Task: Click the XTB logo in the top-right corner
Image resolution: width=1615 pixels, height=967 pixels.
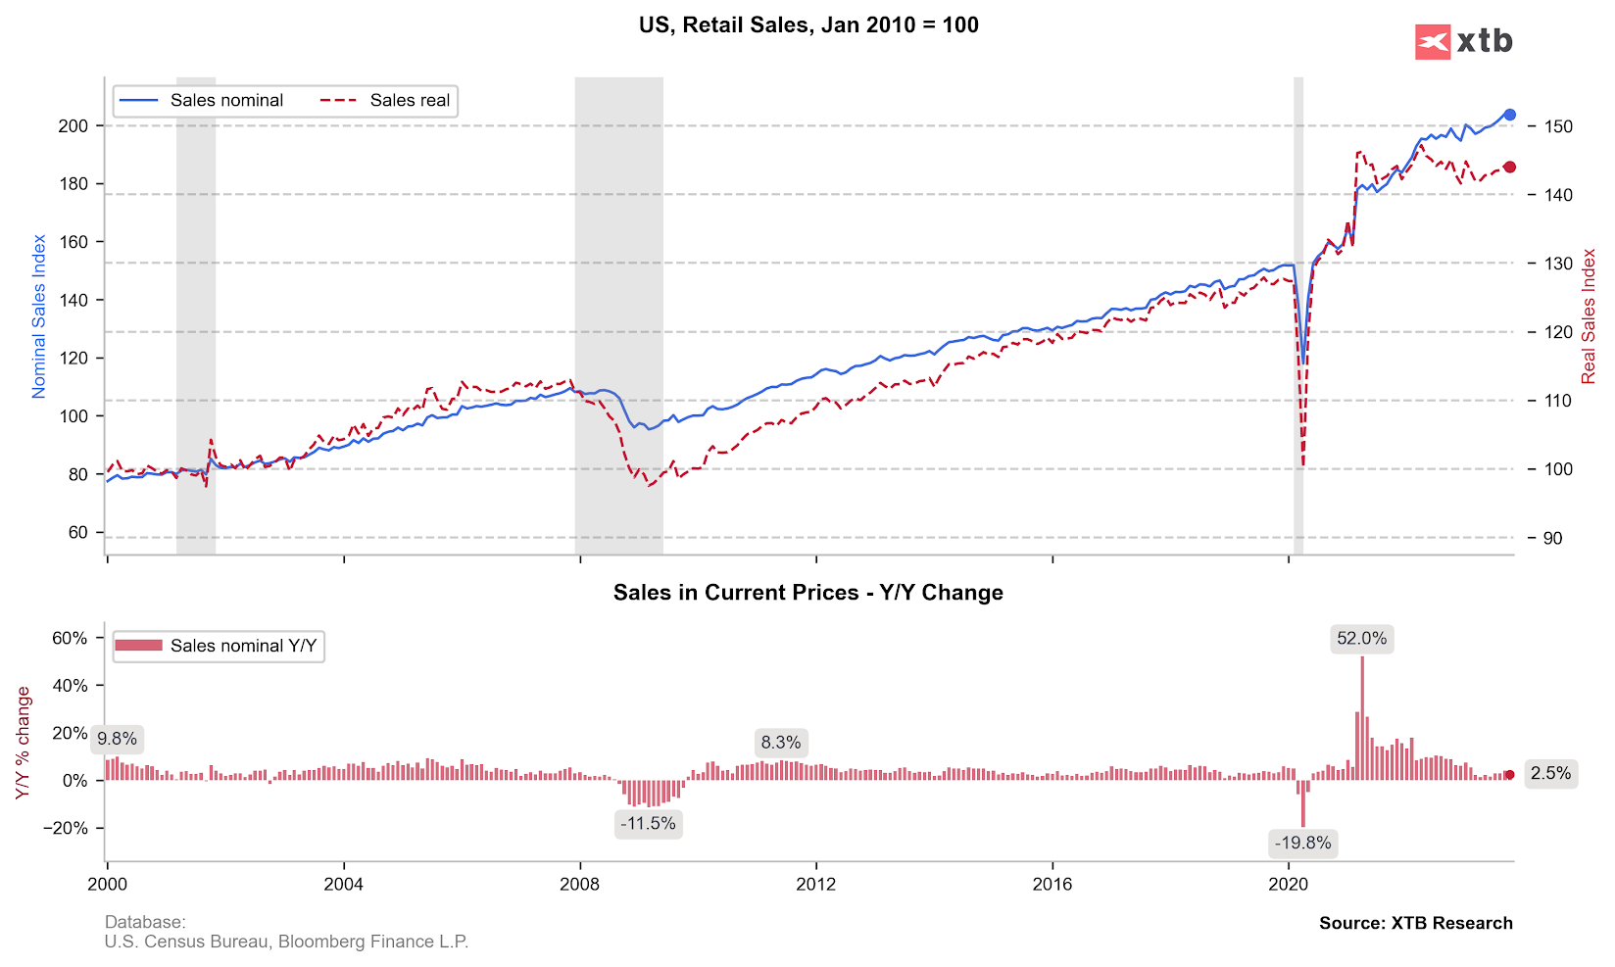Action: (x=1463, y=41)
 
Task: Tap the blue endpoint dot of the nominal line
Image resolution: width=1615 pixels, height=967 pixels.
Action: (x=1509, y=115)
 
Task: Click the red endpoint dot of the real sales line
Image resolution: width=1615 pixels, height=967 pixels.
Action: (x=1509, y=168)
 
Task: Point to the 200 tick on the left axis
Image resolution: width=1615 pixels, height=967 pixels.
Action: (x=73, y=125)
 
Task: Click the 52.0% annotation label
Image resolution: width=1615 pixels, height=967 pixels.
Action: (x=1361, y=639)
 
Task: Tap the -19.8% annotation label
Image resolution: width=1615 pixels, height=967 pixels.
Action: (x=1302, y=843)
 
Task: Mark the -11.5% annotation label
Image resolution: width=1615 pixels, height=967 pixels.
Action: (x=648, y=823)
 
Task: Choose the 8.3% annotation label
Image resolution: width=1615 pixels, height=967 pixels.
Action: (x=780, y=742)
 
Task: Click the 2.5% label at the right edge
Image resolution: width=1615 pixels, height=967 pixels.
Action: (x=1550, y=773)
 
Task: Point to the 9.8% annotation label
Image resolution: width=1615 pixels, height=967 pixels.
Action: (x=117, y=739)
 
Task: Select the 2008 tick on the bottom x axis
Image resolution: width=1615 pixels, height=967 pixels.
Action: (x=580, y=884)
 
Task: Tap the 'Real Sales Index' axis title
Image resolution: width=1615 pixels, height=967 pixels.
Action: (x=1589, y=315)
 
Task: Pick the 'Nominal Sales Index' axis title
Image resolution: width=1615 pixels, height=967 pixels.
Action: (x=39, y=315)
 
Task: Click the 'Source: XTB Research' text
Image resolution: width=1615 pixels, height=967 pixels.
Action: (x=1415, y=923)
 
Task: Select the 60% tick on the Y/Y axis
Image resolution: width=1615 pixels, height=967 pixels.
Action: (x=70, y=638)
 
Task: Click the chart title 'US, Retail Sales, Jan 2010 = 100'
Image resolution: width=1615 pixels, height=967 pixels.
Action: (x=808, y=25)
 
